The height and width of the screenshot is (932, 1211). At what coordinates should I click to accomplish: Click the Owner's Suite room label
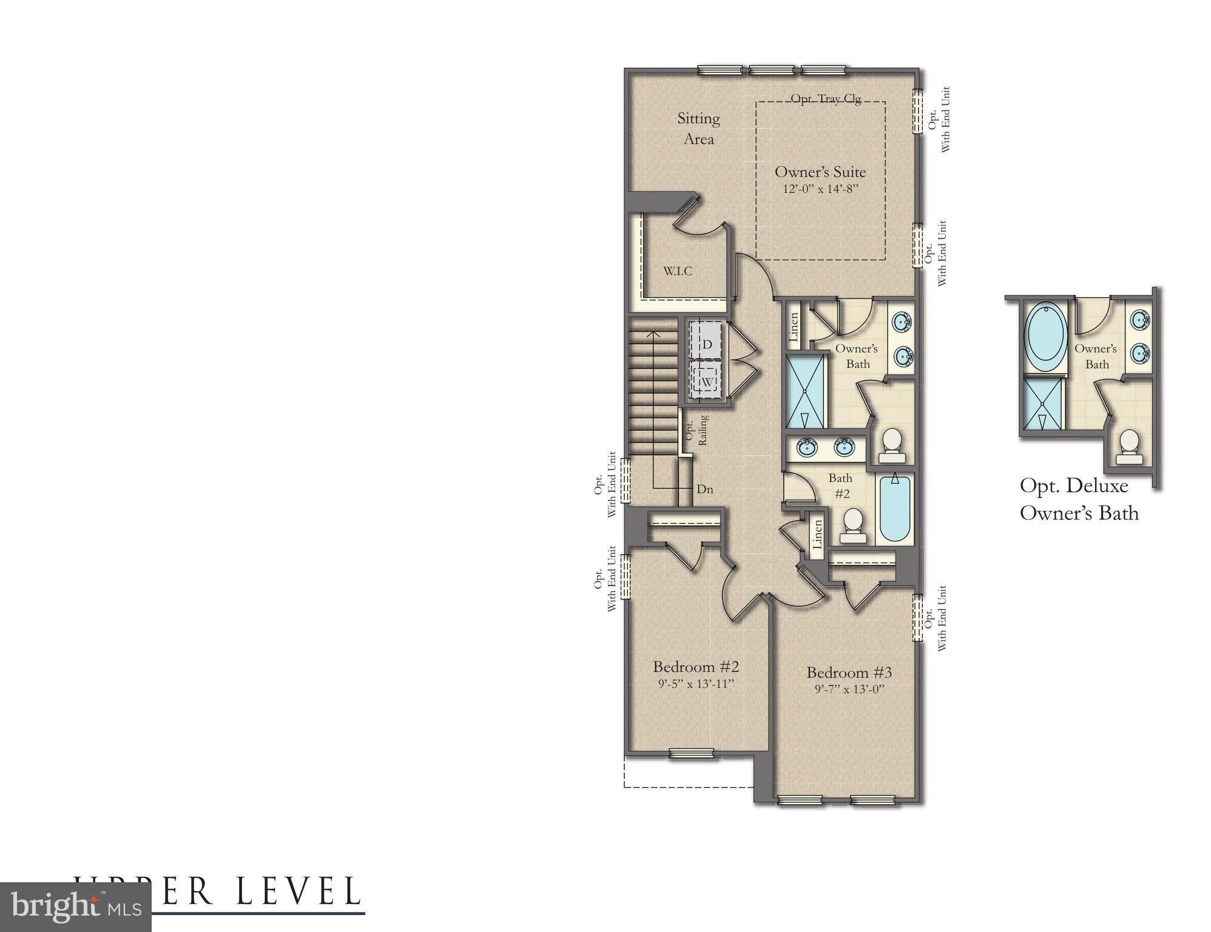point(820,172)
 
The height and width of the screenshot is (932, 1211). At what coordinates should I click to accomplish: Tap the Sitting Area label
point(698,129)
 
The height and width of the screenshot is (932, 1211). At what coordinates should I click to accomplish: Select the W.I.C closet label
point(677,271)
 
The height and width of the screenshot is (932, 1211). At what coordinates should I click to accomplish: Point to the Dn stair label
point(704,489)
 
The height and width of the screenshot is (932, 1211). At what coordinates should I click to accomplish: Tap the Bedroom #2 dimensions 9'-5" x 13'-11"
point(696,684)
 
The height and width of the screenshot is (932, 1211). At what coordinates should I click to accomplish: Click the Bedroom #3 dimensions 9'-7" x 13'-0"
point(849,689)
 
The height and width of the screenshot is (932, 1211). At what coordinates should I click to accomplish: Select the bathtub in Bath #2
point(894,508)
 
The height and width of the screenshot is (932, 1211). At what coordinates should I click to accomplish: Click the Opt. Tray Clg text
point(826,99)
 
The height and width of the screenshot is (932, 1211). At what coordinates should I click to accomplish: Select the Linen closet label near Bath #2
point(817,535)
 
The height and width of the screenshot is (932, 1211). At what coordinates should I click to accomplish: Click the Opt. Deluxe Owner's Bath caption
point(1078,499)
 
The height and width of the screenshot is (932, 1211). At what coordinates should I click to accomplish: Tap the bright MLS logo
point(76,908)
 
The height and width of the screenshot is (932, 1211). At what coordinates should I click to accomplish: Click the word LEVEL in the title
point(298,892)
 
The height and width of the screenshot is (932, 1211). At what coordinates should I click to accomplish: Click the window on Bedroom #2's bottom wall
point(691,754)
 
